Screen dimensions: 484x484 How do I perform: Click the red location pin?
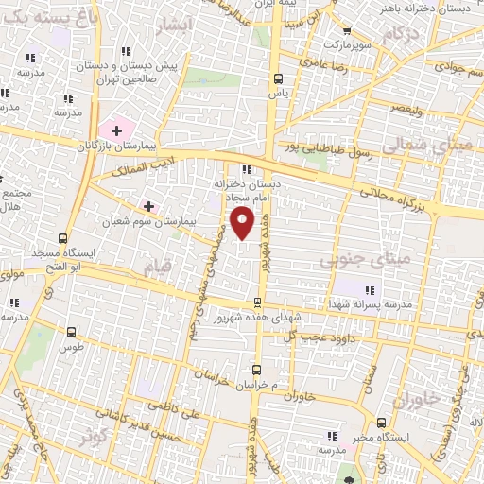[244, 223]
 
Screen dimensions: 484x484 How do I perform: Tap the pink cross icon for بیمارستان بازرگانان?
[117, 129]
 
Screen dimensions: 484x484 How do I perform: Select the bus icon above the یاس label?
[277, 79]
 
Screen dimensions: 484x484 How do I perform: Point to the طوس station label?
[71, 347]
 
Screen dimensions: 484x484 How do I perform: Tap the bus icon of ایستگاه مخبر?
[380, 423]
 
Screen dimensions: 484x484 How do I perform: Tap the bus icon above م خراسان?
[255, 370]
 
